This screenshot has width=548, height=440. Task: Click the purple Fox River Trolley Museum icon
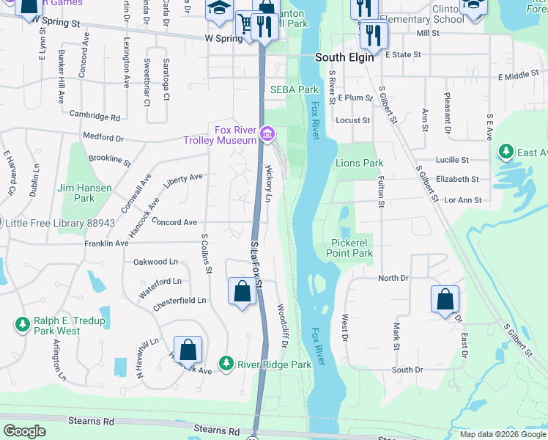coord(268,133)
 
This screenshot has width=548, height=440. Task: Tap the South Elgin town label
coord(344,57)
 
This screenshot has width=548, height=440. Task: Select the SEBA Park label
coord(295,89)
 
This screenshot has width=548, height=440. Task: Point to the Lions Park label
coord(359,163)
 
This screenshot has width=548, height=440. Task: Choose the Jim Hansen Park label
coord(85,193)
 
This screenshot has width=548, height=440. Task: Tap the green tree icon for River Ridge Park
coord(227,363)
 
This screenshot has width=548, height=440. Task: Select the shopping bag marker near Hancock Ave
coord(188,351)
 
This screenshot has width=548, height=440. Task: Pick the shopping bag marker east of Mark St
coord(445,300)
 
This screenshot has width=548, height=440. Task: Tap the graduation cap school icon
coord(218,8)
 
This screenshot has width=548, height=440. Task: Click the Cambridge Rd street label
coord(95,116)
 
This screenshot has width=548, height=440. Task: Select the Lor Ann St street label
coord(463,199)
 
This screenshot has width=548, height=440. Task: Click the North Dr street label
coord(393,278)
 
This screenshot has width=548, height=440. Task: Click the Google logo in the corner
coord(25,432)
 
